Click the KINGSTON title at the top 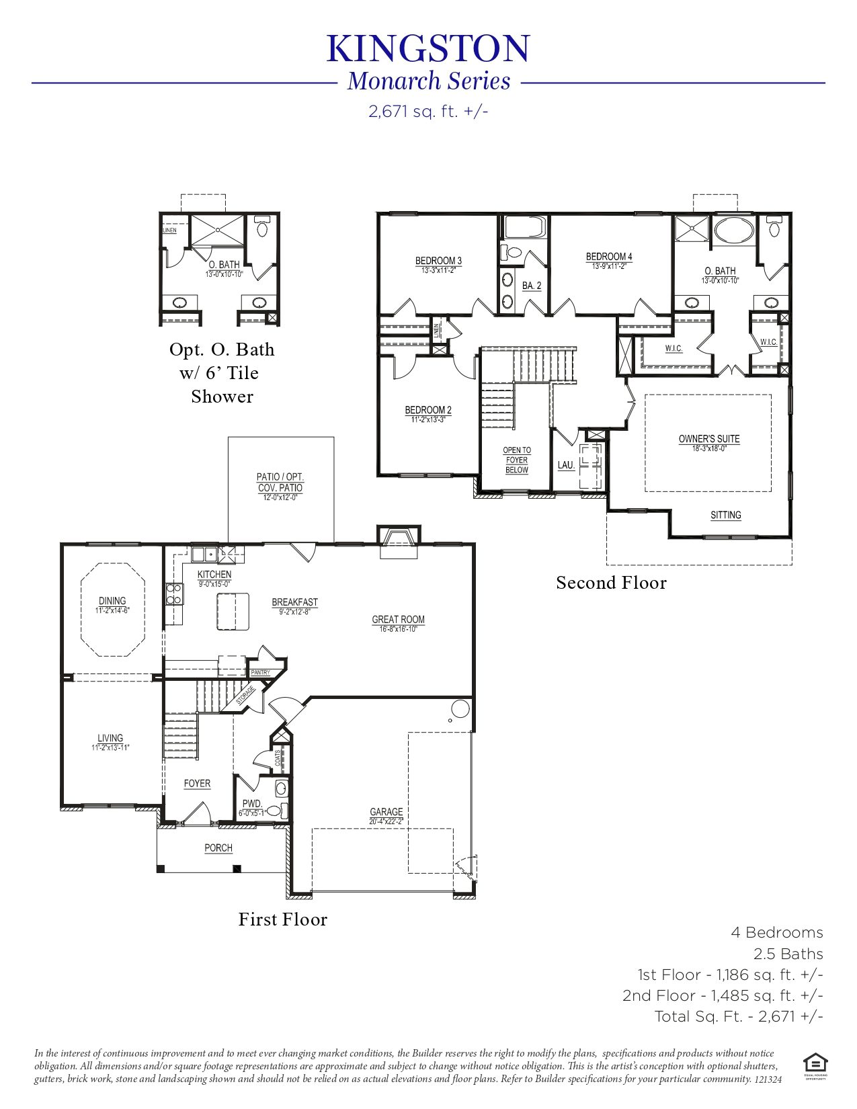428,49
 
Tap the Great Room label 398,619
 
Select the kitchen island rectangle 233,611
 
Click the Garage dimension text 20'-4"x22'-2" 386,821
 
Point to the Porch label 218,848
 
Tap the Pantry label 261,672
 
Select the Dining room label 112,601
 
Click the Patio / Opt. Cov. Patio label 280,482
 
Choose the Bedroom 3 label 438,261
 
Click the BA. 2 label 532,286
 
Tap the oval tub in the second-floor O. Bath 734,230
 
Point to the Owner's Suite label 709,439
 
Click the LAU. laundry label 566,465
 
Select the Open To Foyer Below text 517,460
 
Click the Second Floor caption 611,583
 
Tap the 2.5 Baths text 788,954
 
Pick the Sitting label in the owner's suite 726,515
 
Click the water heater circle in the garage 460,708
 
